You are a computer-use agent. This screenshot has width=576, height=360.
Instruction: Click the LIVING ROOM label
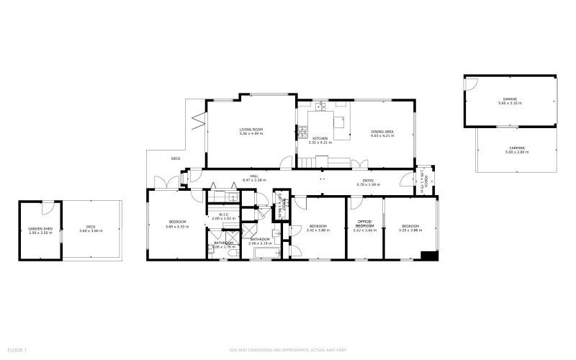click(x=251, y=130)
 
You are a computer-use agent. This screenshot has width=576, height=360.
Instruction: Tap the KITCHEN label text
click(x=320, y=138)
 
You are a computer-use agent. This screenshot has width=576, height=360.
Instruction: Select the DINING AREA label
click(x=382, y=130)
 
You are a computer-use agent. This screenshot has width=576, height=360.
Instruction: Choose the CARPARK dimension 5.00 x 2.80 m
click(x=516, y=152)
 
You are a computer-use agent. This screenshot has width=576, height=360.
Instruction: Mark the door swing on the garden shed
click(x=48, y=208)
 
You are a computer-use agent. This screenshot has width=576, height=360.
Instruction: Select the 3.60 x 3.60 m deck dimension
click(x=91, y=232)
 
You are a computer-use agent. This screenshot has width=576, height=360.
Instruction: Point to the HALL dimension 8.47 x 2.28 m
click(x=254, y=180)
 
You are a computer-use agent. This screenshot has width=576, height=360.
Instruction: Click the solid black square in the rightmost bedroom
click(x=429, y=255)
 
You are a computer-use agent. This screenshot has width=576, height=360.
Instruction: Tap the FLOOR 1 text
click(x=17, y=350)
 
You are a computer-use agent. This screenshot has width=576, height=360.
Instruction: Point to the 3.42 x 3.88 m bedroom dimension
click(x=318, y=230)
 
